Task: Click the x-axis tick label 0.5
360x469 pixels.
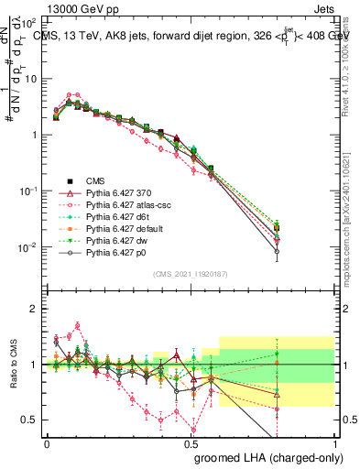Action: (x=191, y=443)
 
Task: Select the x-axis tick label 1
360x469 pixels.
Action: (x=334, y=443)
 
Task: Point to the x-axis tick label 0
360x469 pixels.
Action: (x=47, y=443)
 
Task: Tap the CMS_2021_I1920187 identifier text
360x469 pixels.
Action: (x=190, y=273)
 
